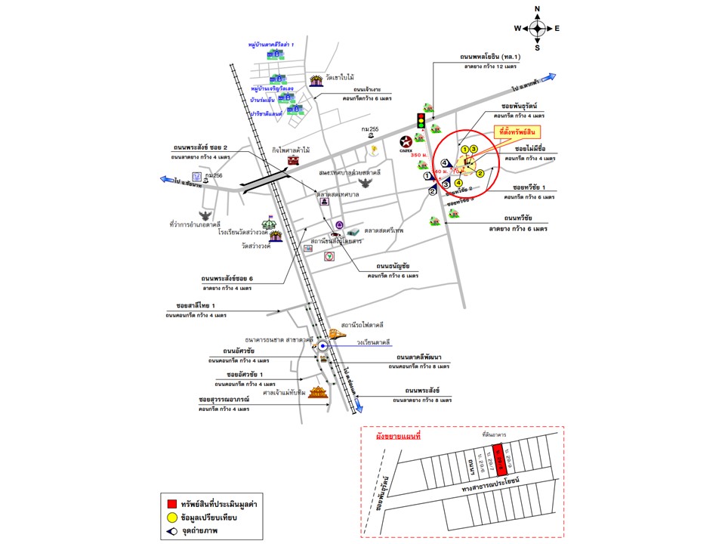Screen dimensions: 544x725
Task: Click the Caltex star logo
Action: point(406,142)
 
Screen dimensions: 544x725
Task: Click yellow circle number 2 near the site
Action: point(480,174)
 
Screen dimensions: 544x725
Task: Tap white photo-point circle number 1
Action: point(428,176)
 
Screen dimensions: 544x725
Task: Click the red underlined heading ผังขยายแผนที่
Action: point(398,437)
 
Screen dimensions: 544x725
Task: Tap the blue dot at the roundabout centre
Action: point(322,346)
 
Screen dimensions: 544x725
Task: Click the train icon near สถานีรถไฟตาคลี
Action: point(337,335)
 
